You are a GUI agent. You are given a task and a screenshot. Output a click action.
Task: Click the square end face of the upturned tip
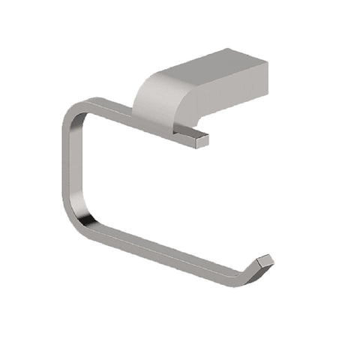[265, 260]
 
